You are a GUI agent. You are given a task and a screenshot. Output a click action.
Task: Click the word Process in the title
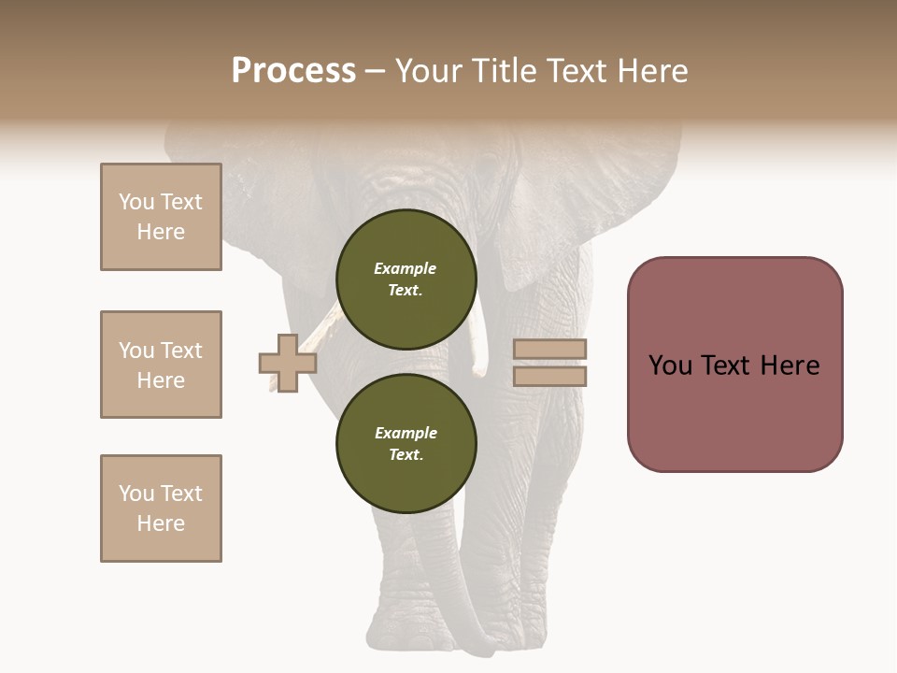tap(293, 71)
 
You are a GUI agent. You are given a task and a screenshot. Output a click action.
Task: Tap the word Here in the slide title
tap(650, 71)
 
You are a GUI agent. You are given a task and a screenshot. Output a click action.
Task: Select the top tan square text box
tap(161, 217)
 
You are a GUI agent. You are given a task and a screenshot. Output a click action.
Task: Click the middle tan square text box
tap(161, 365)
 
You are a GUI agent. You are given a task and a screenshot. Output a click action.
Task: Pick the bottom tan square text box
tap(161, 508)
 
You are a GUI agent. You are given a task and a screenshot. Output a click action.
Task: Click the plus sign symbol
tap(288, 363)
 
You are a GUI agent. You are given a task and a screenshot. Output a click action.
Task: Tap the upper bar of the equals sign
tap(549, 350)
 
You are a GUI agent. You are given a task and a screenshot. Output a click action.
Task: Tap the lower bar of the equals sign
tap(549, 376)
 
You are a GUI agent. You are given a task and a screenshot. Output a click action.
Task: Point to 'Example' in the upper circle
tap(405, 268)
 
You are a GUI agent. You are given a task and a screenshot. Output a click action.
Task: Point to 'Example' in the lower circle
tap(406, 433)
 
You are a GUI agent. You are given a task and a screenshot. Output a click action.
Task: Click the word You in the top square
tap(136, 202)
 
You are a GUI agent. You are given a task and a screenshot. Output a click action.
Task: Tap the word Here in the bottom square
tap(161, 523)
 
